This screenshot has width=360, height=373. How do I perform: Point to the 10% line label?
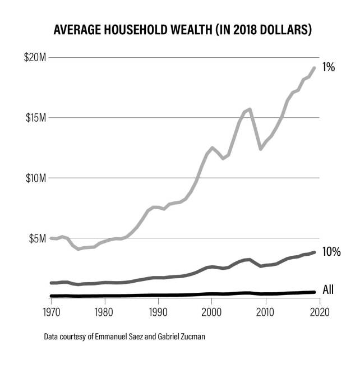331,252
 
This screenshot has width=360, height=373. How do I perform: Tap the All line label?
329,290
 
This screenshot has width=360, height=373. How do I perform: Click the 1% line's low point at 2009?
260,149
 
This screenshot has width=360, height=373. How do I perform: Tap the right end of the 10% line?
314,252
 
